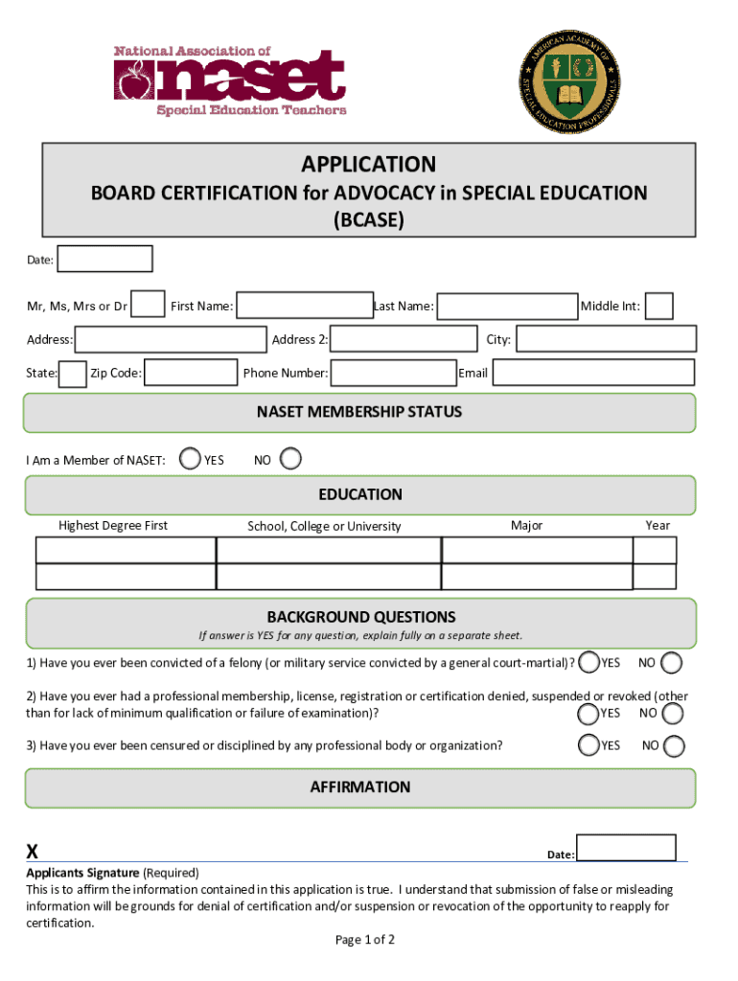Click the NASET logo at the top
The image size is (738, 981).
(230, 80)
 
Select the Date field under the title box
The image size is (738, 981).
(104, 259)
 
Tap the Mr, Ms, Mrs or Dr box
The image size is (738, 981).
(148, 305)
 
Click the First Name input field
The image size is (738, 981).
(305, 306)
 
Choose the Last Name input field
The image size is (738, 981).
(507, 306)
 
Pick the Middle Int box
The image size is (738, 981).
(659, 306)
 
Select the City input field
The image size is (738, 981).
(606, 339)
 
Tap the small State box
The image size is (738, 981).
(73, 374)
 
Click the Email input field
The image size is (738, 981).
(593, 373)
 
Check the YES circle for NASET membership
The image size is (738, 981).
(192, 460)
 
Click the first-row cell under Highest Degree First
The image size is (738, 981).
(126, 550)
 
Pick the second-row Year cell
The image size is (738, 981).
(656, 577)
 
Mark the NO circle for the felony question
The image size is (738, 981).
(673, 663)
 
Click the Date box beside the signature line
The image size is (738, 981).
(627, 848)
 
